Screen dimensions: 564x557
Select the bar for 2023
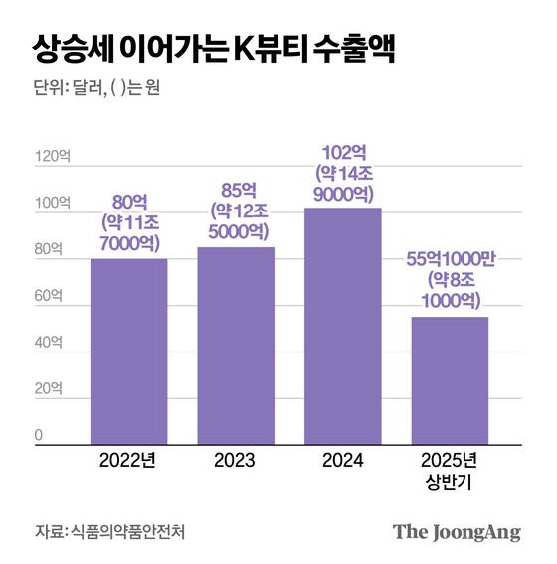(x=236, y=344)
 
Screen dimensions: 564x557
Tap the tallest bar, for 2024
(x=343, y=324)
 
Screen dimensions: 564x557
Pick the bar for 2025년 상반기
(x=450, y=378)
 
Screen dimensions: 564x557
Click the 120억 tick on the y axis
(x=53, y=157)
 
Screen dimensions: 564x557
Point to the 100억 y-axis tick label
(x=53, y=204)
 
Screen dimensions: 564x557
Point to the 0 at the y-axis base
(x=39, y=435)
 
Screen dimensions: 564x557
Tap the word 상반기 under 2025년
(x=450, y=483)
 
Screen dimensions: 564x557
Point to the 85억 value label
(x=236, y=189)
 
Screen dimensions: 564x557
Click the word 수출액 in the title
(x=353, y=48)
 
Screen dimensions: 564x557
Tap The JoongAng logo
(x=457, y=531)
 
